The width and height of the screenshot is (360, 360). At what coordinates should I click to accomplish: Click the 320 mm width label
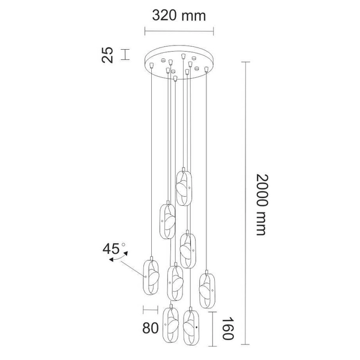click(178, 16)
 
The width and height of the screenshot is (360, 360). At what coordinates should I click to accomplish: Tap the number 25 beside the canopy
click(108, 55)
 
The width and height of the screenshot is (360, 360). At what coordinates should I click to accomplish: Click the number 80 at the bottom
click(151, 329)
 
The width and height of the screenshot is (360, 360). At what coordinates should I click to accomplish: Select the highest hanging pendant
click(184, 188)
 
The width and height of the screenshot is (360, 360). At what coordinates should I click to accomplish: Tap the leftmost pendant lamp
click(150, 277)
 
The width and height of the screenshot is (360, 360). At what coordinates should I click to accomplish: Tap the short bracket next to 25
click(125, 55)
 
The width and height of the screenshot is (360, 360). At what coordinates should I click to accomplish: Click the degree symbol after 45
click(123, 245)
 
